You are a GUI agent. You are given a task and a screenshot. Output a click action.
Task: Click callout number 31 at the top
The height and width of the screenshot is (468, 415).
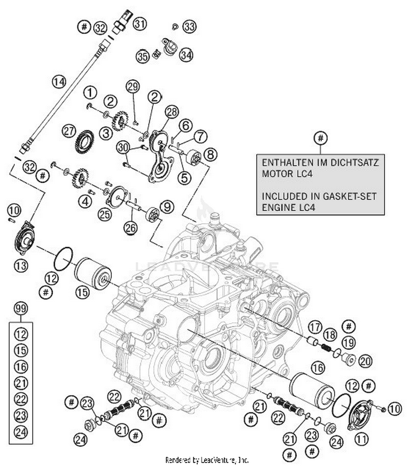140,24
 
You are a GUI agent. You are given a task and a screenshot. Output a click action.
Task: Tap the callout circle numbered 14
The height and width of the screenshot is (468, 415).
59,82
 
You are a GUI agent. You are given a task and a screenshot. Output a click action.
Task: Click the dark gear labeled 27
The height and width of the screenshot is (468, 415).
85,142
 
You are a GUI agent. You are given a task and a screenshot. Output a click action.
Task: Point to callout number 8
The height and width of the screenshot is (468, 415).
211,154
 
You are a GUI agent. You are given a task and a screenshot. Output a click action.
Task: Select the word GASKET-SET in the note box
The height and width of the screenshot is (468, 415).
349,196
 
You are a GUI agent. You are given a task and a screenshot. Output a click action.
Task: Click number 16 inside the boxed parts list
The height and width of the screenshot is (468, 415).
21,367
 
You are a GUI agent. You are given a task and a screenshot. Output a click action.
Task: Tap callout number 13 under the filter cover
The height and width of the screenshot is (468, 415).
21,266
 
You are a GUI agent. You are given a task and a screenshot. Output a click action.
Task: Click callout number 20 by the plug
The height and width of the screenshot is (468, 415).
365,361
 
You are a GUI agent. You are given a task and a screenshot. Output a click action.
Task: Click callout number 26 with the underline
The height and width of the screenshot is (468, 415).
131,227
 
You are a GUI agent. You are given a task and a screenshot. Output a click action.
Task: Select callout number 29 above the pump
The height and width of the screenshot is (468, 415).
133,87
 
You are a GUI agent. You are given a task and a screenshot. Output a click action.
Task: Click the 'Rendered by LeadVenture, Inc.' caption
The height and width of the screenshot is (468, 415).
207,460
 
